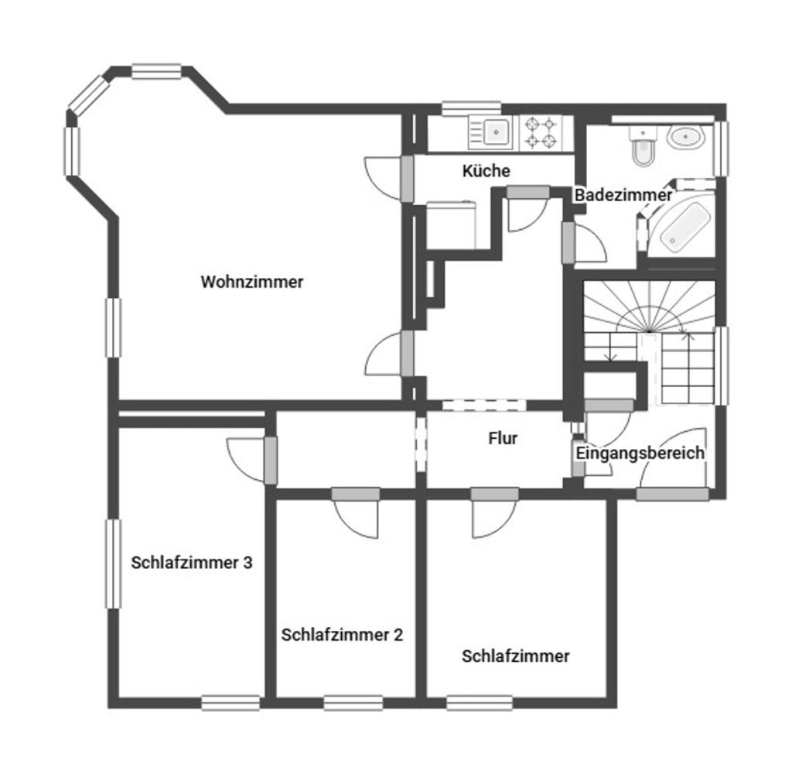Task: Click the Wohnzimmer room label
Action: [252, 282]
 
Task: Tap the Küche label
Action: [486, 171]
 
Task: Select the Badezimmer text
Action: [623, 195]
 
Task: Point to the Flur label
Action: [503, 438]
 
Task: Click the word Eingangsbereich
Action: [640, 453]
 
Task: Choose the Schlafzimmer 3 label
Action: [192, 563]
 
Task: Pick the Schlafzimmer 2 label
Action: [342, 635]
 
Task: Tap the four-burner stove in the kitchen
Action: [541, 132]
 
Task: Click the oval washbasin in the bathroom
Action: [685, 137]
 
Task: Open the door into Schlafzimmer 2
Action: [355, 512]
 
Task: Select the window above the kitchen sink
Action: [471, 108]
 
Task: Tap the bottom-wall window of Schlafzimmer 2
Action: [353, 704]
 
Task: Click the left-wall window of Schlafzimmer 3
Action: [114, 563]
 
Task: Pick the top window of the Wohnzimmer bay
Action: [156, 71]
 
